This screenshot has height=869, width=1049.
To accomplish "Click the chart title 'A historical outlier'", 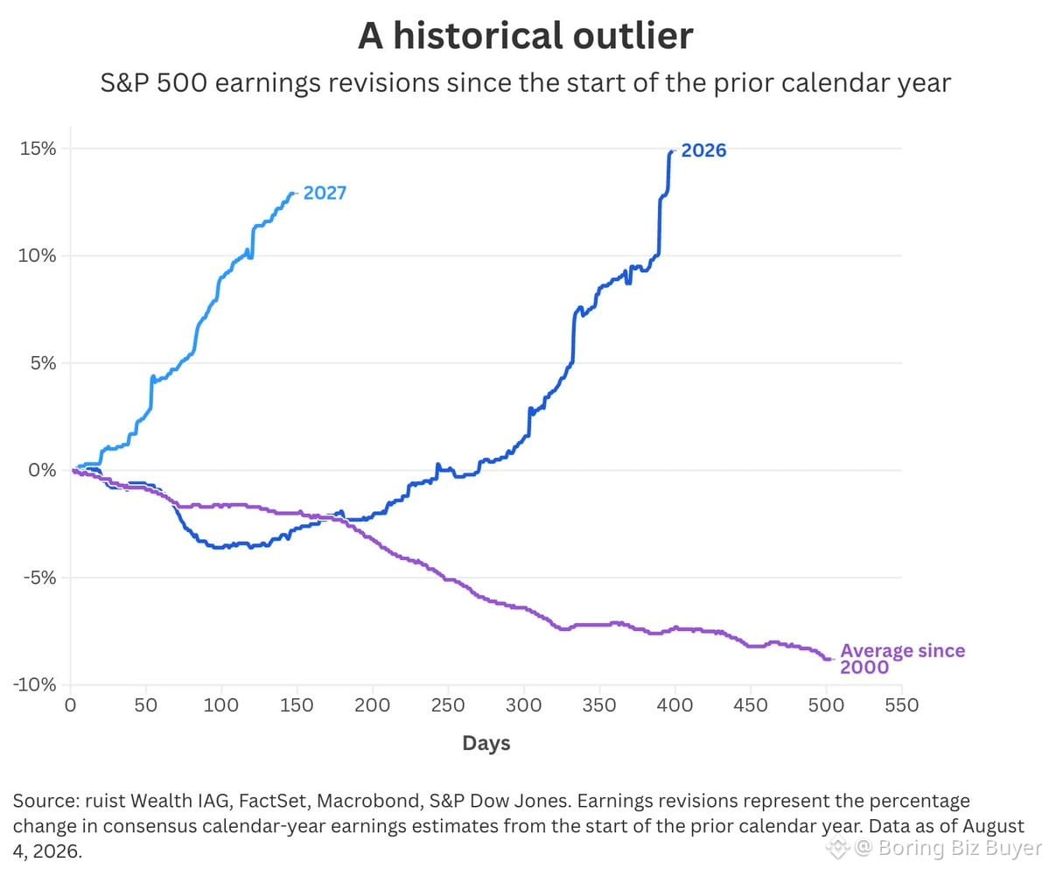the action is (x=525, y=36).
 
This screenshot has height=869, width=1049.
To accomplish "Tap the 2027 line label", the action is (x=325, y=193).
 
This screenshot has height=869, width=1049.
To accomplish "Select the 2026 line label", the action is (x=703, y=150).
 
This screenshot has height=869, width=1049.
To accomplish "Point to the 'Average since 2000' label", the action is (x=903, y=659).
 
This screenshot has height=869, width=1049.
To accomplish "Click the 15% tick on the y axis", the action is (x=38, y=149).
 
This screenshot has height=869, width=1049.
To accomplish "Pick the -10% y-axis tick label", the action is (x=34, y=684).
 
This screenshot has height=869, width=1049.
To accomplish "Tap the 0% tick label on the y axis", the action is (x=42, y=470).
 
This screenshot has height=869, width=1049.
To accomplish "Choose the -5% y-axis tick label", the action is (x=38, y=578).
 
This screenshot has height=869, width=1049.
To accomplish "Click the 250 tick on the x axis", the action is (x=448, y=705).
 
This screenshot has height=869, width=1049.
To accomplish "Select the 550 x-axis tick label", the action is (x=902, y=705).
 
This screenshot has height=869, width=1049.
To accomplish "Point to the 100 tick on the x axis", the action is (x=220, y=705).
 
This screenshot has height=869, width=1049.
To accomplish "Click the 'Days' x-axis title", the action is (x=486, y=743).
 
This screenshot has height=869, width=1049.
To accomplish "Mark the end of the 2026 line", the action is (x=672, y=152).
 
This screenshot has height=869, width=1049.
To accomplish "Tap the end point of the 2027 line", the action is (x=292, y=193).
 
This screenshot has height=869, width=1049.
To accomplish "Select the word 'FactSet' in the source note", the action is (x=272, y=801).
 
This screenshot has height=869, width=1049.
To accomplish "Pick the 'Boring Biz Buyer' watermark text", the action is (x=960, y=848).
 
